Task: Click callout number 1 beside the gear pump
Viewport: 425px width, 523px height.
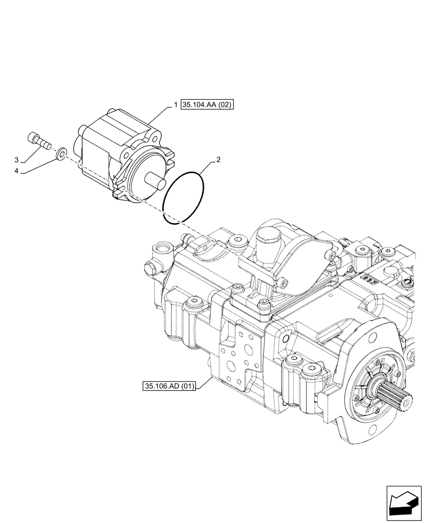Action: coord(176,105)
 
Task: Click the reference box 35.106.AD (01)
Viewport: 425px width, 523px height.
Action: coord(168,386)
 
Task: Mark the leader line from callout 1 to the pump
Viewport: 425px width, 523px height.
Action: coord(162,115)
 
